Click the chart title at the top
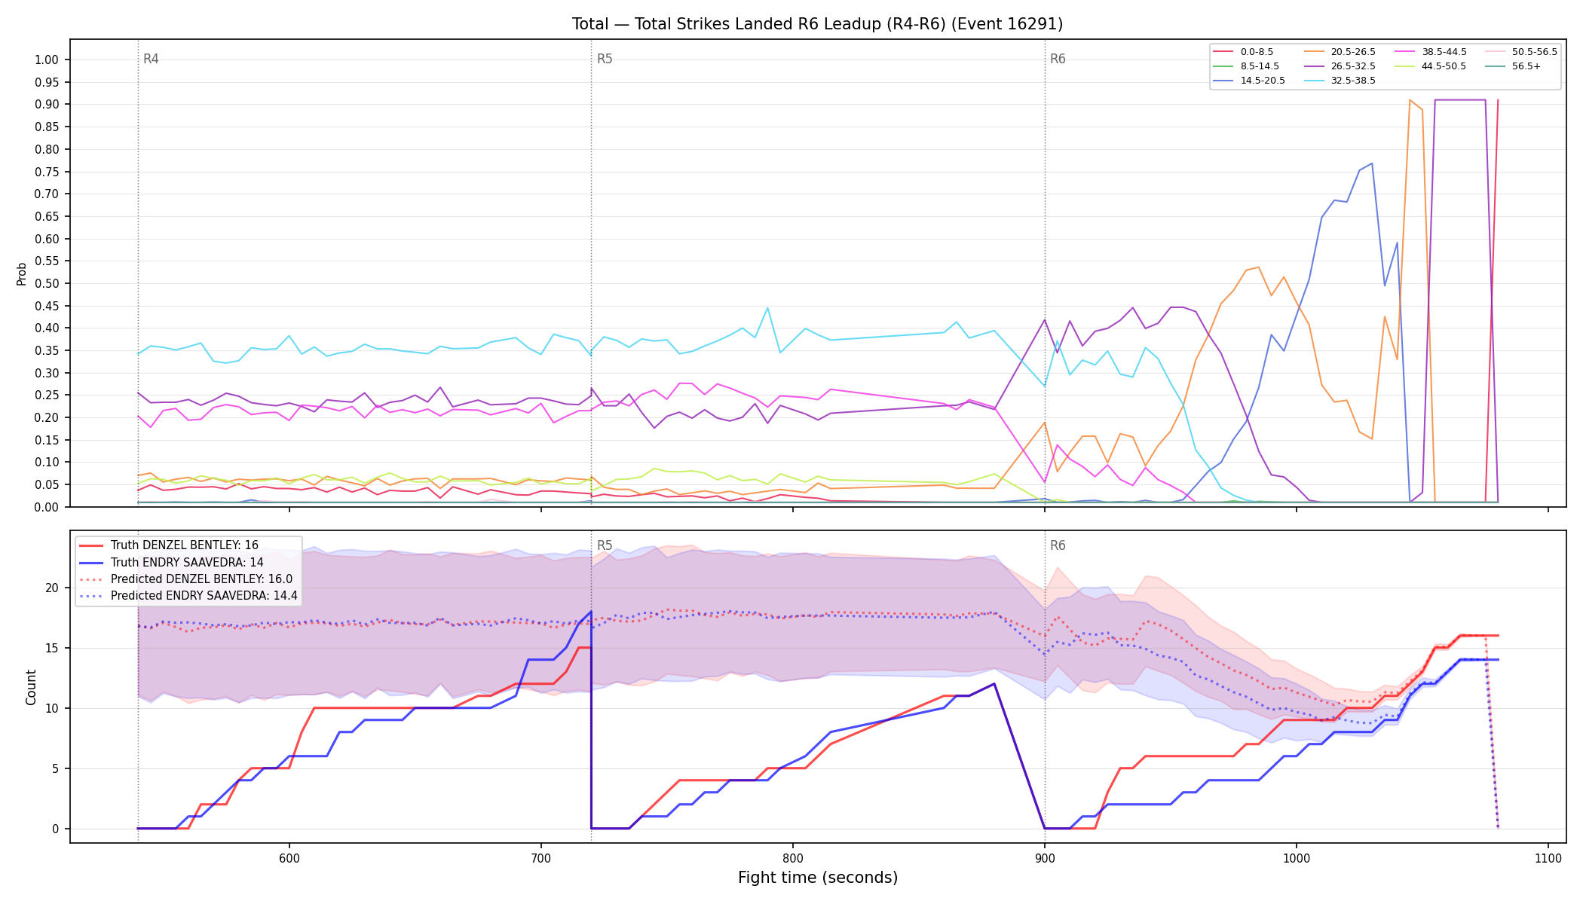817,24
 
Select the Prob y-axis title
22,273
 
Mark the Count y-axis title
31,687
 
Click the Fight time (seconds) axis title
818,878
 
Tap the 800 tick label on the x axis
793,858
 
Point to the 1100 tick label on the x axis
1548,858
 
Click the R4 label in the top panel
151,59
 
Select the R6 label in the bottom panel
1058,545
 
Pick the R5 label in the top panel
605,59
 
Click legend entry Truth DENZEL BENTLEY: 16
185,545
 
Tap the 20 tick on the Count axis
52,588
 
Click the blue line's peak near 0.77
1372,163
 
